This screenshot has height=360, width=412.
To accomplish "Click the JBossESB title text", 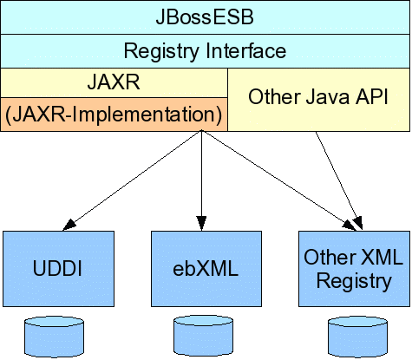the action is click(x=205, y=16).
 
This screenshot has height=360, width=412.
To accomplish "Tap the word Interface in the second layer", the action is click(x=246, y=50).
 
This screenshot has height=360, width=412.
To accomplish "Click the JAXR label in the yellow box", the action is click(x=114, y=82).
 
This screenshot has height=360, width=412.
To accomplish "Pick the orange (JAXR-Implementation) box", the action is click(x=114, y=115).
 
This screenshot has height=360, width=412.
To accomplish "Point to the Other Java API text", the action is click(x=318, y=96).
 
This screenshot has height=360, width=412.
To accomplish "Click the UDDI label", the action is click(x=57, y=269).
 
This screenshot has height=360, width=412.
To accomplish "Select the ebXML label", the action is click(x=206, y=269).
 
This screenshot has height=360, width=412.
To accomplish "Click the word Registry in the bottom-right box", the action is click(x=354, y=281).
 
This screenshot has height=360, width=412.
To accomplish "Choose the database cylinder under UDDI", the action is click(x=54, y=337).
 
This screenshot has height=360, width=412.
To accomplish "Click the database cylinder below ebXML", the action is click(x=203, y=336).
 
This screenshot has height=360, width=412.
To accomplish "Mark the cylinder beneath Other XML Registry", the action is click(x=357, y=337).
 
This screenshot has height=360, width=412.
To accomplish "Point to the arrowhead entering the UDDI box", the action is click(x=69, y=226).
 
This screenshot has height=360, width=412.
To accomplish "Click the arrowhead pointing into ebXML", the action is click(x=201, y=224).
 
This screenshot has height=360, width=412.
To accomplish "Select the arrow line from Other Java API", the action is click(x=338, y=180).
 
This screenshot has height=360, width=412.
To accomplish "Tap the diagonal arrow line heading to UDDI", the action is click(x=132, y=180).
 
